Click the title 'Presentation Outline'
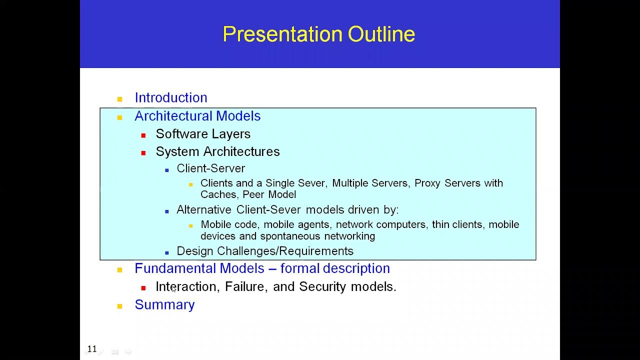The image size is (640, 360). [318, 34]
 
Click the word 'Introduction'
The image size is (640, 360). [170, 97]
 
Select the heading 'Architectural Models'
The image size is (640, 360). [197, 116]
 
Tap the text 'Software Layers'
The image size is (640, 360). [203, 134]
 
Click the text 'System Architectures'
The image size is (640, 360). [217, 151]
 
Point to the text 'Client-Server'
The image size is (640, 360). [210, 168]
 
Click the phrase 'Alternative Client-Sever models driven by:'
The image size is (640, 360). [287, 209]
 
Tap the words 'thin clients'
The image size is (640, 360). [457, 224]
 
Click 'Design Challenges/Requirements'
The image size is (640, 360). [265, 251]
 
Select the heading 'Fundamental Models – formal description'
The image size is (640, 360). [262, 268]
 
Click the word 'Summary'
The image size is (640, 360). [164, 305]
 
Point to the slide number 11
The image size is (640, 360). [92, 349]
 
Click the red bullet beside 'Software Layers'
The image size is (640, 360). [143, 135]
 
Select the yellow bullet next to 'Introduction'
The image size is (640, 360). [119, 99]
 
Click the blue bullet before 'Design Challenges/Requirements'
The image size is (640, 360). [167, 253]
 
